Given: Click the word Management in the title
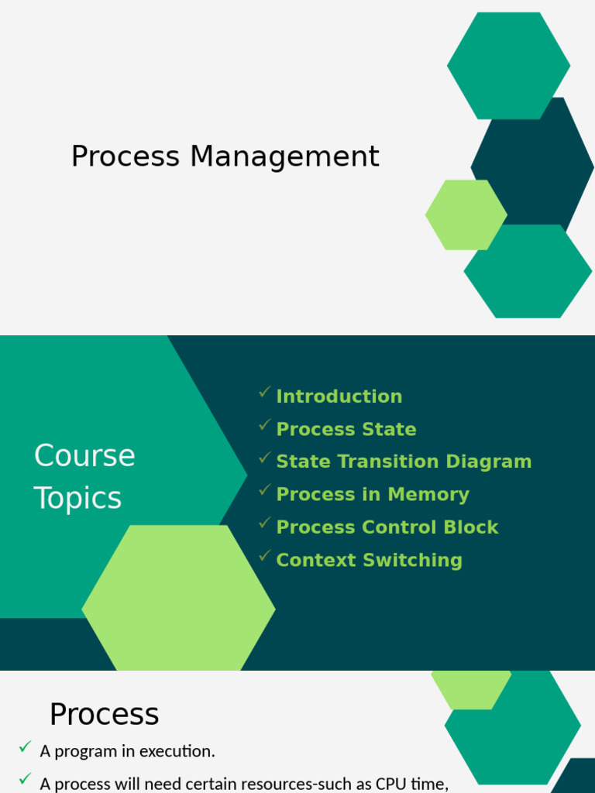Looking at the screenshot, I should [284, 157].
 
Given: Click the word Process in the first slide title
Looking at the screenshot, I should [126, 157].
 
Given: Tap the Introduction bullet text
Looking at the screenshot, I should [339, 396].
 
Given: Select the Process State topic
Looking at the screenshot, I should [346, 429].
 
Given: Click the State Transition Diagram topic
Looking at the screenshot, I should [404, 462].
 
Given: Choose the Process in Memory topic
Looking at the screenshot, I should [372, 494].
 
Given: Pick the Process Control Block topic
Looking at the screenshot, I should [387, 527].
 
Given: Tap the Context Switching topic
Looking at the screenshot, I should [369, 560].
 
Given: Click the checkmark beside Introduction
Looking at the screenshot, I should [265, 393].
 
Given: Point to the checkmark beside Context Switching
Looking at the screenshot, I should [265, 557].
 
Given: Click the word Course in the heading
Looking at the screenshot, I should [84, 455].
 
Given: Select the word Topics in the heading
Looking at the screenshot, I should [77, 498].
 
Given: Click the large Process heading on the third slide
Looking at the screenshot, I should [104, 714].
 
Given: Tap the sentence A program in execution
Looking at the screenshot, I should [127, 751].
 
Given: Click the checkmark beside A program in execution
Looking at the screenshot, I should [26, 748].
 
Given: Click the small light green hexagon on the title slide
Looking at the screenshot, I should [466, 215].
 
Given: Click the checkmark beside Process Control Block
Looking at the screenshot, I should [265, 524].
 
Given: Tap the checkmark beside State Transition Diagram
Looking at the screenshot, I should [265, 458].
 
